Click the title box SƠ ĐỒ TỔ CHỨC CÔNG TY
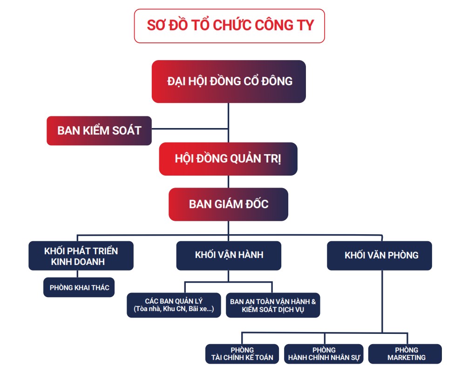(229, 26)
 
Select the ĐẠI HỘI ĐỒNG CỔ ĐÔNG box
(229, 81)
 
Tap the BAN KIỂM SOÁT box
(99, 130)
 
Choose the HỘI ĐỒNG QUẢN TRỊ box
(228, 159)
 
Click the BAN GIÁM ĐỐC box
(228, 204)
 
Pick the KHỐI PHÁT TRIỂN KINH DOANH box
(81, 256)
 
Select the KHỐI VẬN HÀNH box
(229, 255)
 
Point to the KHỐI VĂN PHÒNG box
(380, 255)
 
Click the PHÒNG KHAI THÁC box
(79, 287)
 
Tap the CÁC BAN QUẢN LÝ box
(174, 305)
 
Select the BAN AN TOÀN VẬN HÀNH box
(273, 305)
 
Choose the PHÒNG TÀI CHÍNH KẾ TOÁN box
(242, 354)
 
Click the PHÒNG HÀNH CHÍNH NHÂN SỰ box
(324, 354)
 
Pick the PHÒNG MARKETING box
(405, 354)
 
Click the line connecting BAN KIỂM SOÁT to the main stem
(190, 129)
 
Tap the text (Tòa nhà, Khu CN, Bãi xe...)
(174, 310)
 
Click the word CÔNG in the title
(266, 26)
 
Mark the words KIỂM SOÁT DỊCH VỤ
(273, 310)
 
